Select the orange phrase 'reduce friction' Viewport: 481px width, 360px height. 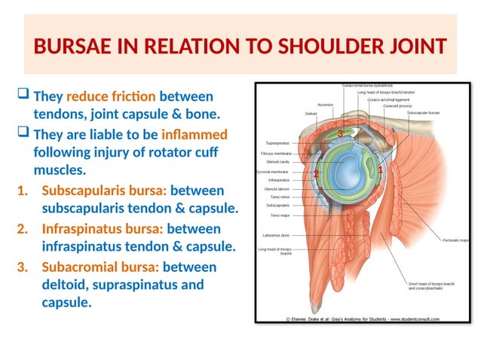[x=111, y=97]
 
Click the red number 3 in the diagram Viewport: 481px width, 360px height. [x=341, y=133]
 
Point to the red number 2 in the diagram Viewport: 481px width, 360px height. [x=316, y=174]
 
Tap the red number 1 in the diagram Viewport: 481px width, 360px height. [x=381, y=171]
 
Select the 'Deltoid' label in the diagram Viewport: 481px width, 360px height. [x=311, y=114]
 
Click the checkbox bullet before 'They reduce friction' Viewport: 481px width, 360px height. [x=23, y=96]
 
